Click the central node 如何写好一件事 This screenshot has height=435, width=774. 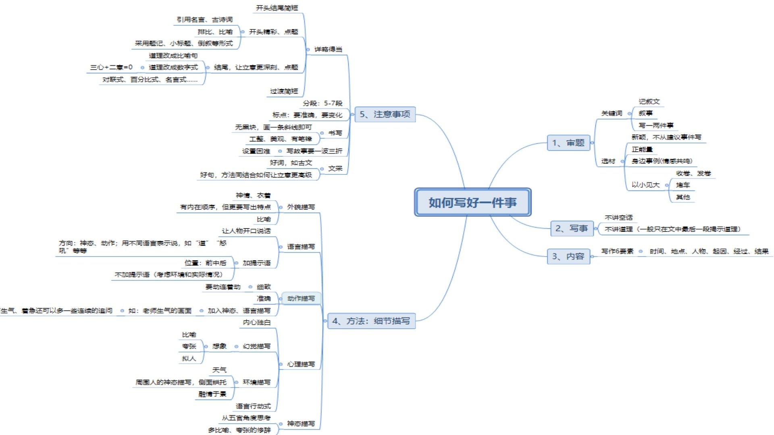[472, 202]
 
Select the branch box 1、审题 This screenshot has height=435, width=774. [568, 143]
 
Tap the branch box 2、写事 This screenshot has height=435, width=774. [571, 228]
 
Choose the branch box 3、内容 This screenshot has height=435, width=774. [568, 256]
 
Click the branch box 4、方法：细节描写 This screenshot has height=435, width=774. [371, 321]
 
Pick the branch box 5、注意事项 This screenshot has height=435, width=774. [385, 114]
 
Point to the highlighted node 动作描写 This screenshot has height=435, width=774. [301, 298]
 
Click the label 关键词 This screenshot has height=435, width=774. [612, 114]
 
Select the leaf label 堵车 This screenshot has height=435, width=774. [683, 185]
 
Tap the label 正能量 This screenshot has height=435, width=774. [642, 149]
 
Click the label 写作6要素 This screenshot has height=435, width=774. [617, 251]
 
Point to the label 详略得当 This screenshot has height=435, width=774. [328, 50]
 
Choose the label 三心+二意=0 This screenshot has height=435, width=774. [111, 67]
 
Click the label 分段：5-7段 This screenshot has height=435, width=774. [322, 104]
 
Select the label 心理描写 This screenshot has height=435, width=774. [301, 364]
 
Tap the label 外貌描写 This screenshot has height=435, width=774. [301, 207]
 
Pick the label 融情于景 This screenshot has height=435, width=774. [212, 394]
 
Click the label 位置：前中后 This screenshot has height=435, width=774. [205, 263]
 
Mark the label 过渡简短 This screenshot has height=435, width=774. [284, 91]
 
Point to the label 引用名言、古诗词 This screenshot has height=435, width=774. [204, 20]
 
